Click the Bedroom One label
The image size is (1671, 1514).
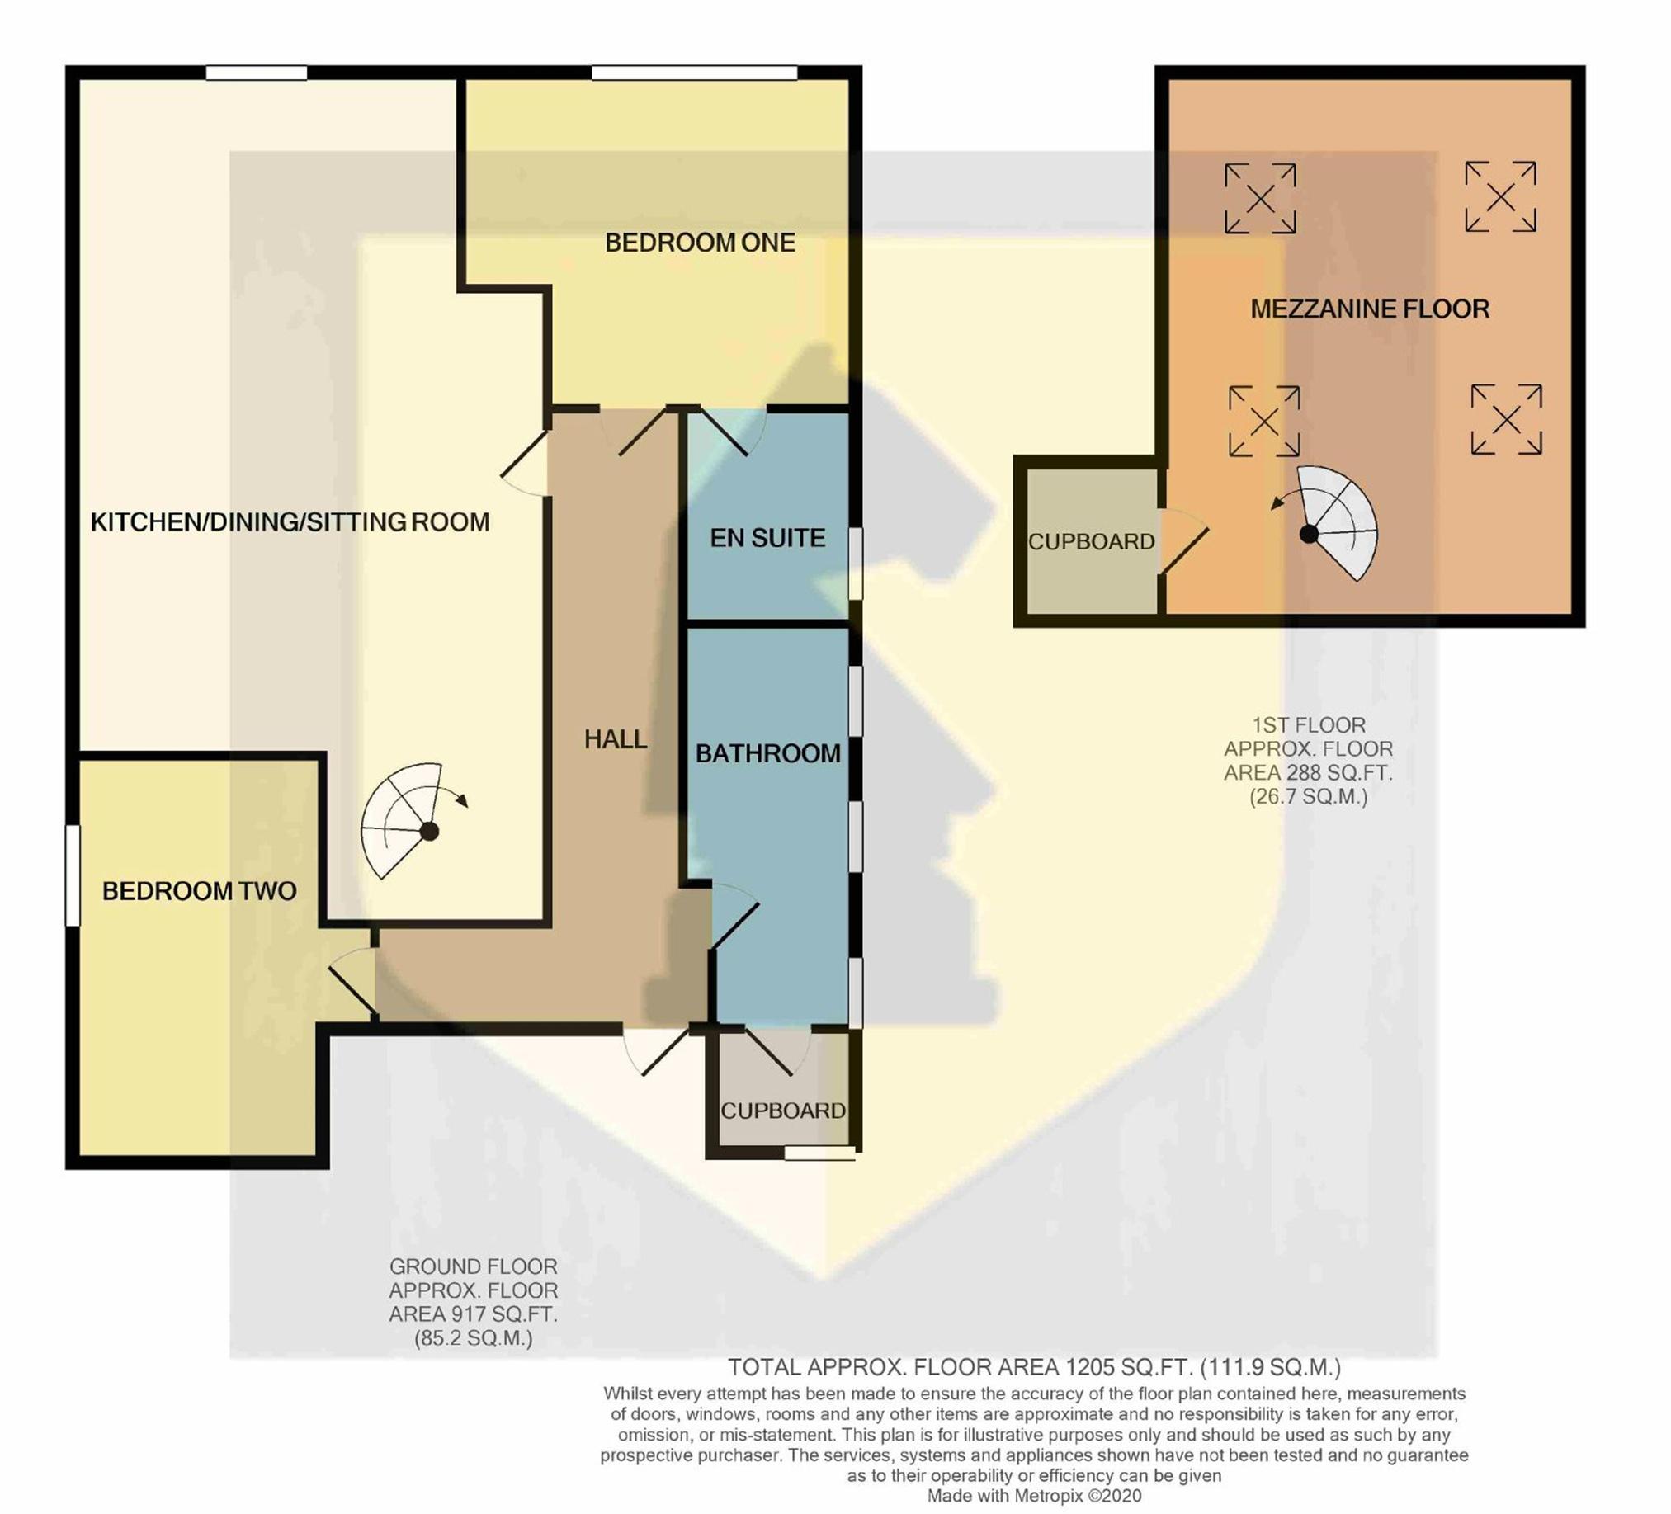(700, 243)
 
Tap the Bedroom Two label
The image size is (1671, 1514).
(199, 891)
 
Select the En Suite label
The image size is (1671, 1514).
(767, 538)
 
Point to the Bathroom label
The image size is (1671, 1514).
(767, 753)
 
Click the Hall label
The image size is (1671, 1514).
(615, 739)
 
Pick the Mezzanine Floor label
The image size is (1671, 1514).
(1369, 309)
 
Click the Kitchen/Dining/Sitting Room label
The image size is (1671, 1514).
(290, 522)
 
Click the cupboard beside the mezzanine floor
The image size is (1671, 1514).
(1091, 541)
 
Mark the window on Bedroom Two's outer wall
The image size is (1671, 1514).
(73, 875)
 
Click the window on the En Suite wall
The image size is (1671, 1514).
(856, 564)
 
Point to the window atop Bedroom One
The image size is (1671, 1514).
(695, 73)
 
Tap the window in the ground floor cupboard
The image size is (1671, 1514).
(819, 1153)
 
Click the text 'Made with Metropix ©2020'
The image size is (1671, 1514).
(1034, 1496)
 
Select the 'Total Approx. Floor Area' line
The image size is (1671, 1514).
(1034, 1366)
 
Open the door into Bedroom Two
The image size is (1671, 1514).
(352, 983)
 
